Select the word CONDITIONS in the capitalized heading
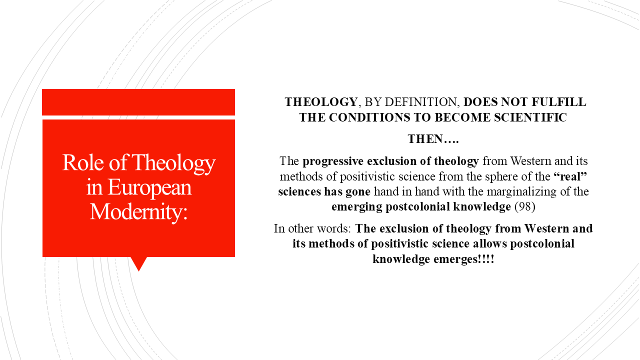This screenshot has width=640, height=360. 379,118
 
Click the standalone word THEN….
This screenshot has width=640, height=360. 433,139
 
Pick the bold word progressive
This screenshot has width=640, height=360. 333,161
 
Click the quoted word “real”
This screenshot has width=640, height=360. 568,176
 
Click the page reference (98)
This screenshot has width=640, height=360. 525,206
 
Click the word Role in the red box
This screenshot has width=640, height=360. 79,163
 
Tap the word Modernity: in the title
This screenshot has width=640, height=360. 138,211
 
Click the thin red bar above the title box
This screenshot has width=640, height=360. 138,102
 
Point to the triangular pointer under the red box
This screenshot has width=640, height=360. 138,263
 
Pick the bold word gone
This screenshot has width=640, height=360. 356,191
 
